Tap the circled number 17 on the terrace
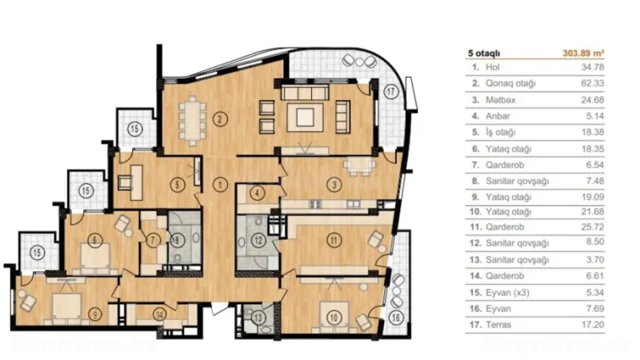coord(390,91)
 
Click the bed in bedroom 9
coord(66,303)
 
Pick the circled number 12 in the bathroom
coord(257,239)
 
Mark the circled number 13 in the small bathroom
coord(258,317)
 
